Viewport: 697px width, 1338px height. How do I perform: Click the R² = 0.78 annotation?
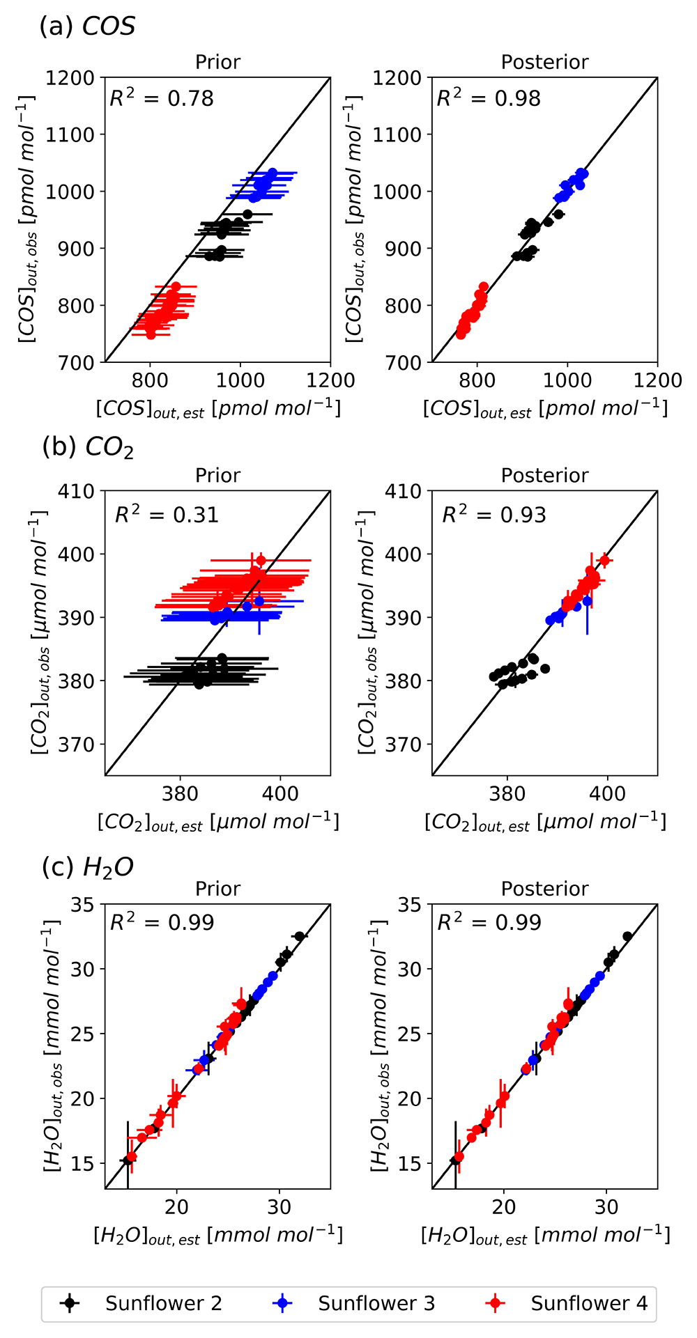click(162, 98)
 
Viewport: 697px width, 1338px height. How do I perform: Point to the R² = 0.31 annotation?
click(167, 514)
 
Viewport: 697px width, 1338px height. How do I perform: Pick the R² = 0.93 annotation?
click(494, 514)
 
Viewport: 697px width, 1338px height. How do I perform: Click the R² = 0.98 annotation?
click(489, 98)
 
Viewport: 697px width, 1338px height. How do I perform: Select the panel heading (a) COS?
click(87, 26)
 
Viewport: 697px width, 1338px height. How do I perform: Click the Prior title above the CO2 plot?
click(218, 475)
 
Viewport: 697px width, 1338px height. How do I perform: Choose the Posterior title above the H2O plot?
click(545, 889)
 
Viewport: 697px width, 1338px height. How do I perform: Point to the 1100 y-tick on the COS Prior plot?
click(70, 134)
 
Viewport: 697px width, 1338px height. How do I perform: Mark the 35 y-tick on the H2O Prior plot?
click(83, 905)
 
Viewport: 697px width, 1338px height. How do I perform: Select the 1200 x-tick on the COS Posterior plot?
click(657, 380)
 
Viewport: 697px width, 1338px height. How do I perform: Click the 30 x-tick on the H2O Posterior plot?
click(606, 1206)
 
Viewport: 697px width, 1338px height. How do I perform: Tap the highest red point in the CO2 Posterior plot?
click(605, 560)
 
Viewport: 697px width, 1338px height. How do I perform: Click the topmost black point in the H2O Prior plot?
click(300, 936)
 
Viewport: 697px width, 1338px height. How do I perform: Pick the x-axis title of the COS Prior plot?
click(218, 409)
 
